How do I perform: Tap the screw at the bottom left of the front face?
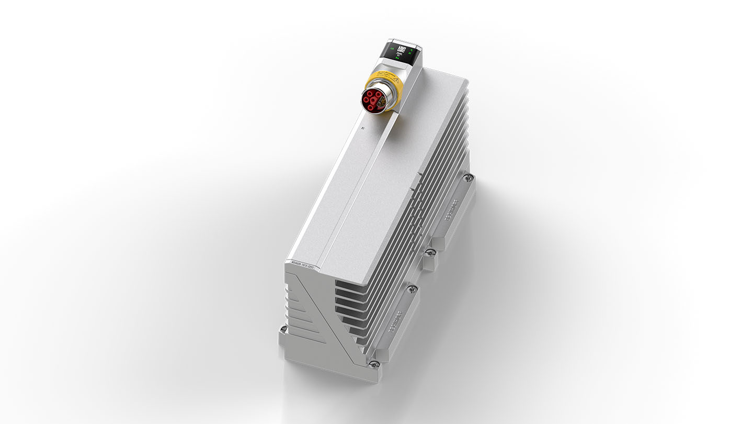point(283,329)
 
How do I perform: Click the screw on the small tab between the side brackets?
point(430,253)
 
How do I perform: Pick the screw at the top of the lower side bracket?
point(413,288)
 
